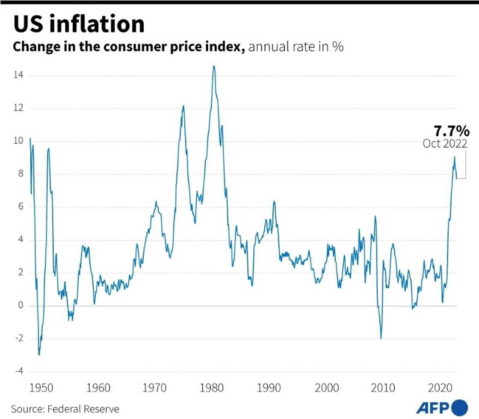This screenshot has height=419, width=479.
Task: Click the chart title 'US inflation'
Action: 79,24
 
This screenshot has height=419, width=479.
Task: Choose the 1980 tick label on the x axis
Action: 213,388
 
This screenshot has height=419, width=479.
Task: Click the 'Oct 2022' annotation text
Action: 445,144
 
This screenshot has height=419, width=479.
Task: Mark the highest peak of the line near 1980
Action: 214,66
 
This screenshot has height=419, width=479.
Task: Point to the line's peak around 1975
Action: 183,106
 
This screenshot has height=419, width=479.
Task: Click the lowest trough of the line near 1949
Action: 39,355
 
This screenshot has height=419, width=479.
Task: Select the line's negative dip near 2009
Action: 381,338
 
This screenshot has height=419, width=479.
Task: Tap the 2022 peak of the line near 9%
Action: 454,157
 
